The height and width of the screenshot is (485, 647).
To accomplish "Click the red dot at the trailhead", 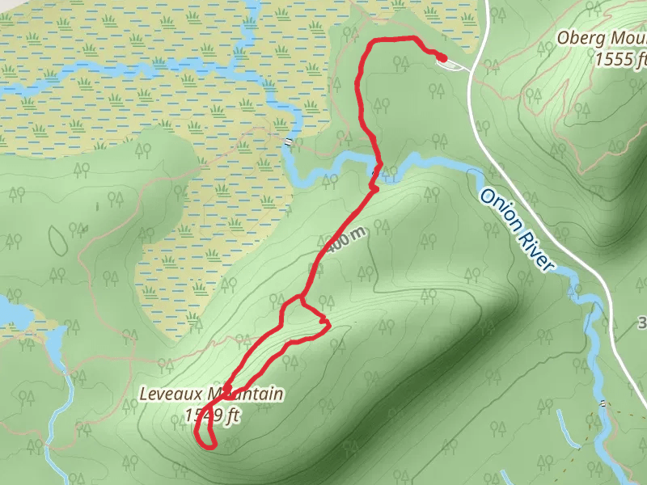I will [442, 57].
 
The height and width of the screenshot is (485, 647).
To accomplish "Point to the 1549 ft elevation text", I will [213, 416].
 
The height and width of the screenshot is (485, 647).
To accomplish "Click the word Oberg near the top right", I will [581, 38].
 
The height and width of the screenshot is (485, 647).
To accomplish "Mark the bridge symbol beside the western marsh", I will [289, 142].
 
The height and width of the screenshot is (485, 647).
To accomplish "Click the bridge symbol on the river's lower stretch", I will [603, 402].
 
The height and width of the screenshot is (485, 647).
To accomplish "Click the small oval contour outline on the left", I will [59, 238].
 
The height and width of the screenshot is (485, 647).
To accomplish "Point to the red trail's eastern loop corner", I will [328, 325].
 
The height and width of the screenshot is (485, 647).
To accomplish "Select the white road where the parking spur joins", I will [471, 68].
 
